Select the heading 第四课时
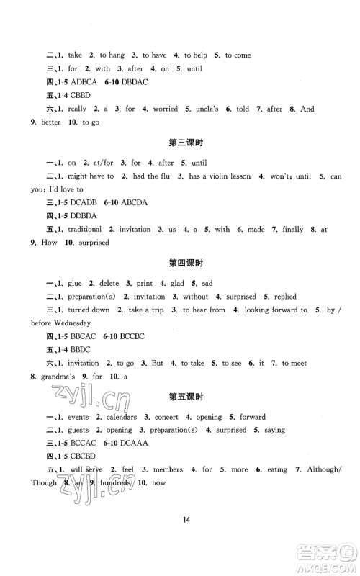(x=181, y=262)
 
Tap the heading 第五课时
(x=181, y=395)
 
